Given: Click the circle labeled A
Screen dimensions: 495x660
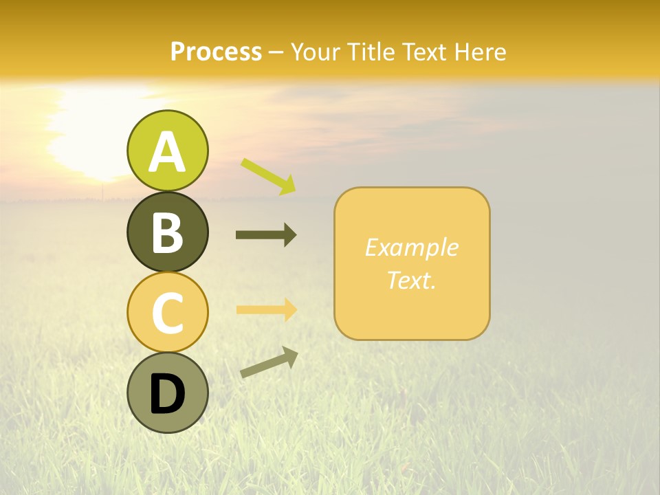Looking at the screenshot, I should click(x=167, y=151).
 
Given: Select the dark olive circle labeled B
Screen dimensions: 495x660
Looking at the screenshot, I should click(x=167, y=232).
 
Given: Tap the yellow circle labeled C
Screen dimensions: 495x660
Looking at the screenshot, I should click(x=167, y=312).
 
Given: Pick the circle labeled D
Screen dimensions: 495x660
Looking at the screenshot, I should click(x=167, y=393).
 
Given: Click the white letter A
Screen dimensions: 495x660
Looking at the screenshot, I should click(x=167, y=152).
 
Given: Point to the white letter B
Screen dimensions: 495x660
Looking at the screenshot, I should click(x=167, y=232).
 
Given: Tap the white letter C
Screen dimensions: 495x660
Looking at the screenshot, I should click(x=167, y=313).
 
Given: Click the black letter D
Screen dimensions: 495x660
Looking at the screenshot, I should click(x=167, y=394).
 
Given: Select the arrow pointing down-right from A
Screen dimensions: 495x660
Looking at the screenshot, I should click(x=269, y=176).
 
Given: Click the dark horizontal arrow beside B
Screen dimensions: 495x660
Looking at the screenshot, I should click(x=266, y=235).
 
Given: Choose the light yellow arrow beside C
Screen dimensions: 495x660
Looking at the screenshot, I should click(x=266, y=309).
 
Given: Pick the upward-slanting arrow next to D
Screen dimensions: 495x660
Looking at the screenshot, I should click(x=269, y=362).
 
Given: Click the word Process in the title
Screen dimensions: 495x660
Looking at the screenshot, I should click(x=216, y=52).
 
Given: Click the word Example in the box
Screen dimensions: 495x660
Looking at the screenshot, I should click(x=411, y=247).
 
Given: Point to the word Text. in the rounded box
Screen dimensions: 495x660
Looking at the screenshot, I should click(x=411, y=280).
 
